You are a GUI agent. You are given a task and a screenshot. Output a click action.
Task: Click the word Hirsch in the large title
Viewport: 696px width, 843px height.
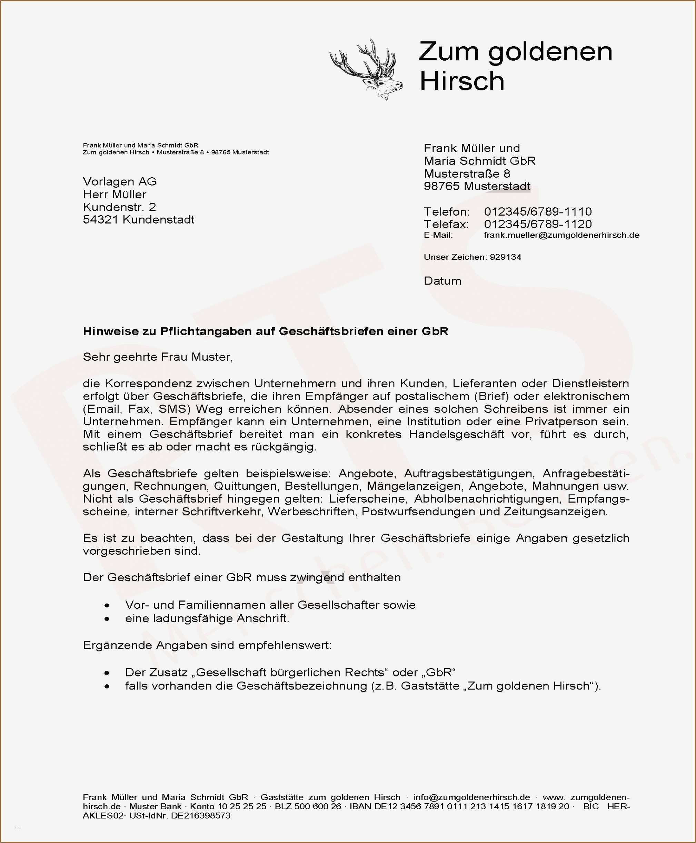(461, 81)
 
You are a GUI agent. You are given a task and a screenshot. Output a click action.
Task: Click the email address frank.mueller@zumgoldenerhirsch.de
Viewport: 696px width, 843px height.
(561, 235)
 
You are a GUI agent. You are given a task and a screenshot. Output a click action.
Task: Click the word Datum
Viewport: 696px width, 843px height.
(442, 281)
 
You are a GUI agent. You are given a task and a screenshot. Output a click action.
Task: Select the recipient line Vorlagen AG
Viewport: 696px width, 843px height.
(119, 181)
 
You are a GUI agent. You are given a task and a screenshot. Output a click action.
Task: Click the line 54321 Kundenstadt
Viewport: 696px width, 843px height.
(138, 220)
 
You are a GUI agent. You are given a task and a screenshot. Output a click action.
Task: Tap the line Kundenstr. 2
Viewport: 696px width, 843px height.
(119, 207)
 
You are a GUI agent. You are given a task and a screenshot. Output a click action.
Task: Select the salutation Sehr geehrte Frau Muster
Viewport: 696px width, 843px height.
(158, 357)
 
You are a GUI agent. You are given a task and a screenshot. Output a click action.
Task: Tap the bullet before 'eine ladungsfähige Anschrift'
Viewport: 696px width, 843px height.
(107, 619)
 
